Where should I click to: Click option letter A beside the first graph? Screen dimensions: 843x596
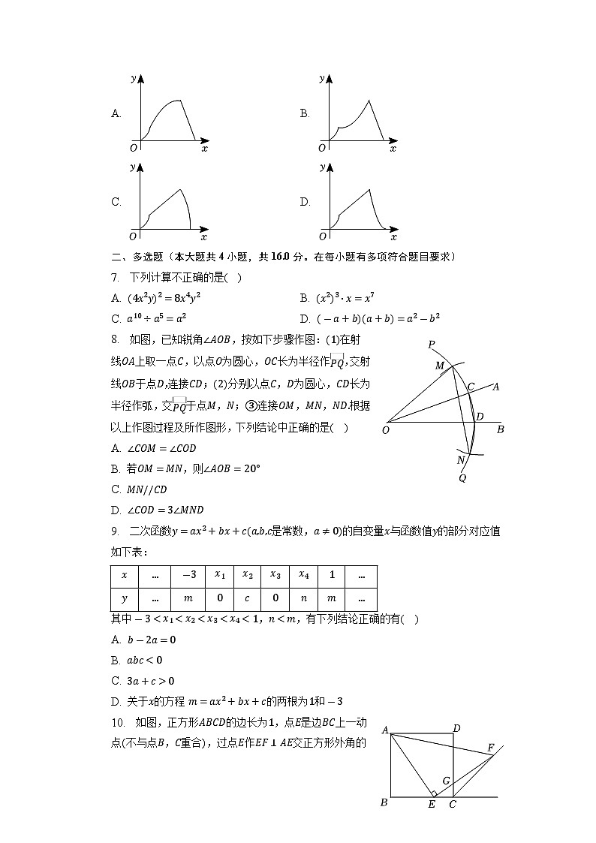[116, 114]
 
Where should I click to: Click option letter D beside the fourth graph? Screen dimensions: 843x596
[305, 202]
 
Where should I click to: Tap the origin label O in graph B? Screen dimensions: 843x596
[322, 148]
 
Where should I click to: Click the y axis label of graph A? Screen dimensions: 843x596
[133, 77]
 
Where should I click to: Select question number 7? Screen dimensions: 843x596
[115, 278]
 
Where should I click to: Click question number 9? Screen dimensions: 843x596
[115, 531]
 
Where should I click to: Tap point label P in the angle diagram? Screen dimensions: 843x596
[432, 345]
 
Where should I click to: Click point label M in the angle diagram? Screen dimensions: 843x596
[440, 365]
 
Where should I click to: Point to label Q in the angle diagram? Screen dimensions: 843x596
[462, 477]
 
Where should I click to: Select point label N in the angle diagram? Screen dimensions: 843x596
[461, 460]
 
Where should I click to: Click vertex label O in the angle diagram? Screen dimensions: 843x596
[386, 430]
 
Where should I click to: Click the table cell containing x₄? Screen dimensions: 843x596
[303, 576]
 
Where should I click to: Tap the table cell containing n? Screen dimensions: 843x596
[303, 599]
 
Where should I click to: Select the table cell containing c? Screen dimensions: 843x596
[247, 599]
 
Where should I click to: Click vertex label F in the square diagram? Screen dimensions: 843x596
[491, 748]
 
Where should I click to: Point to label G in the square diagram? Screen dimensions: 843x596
[446, 781]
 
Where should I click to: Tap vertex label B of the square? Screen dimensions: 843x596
[384, 802]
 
